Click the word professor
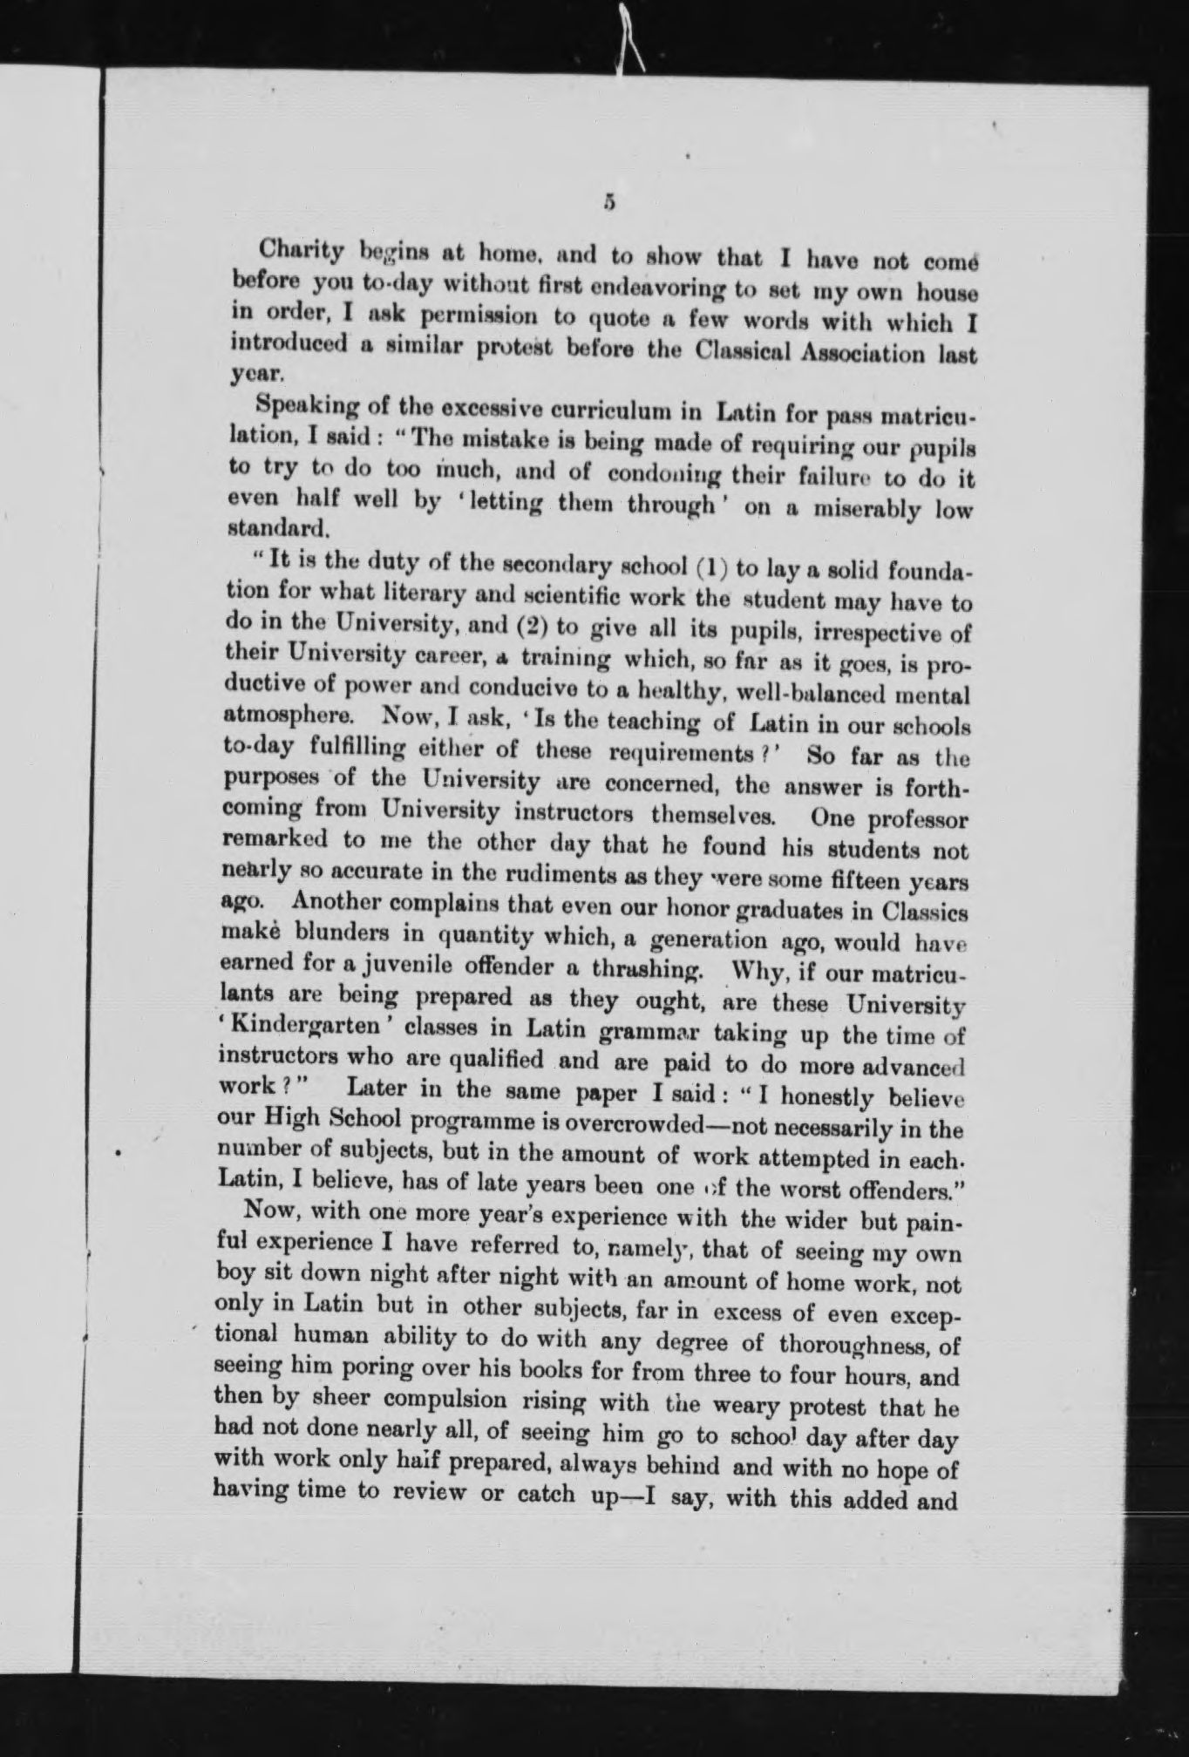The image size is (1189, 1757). click(x=914, y=819)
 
